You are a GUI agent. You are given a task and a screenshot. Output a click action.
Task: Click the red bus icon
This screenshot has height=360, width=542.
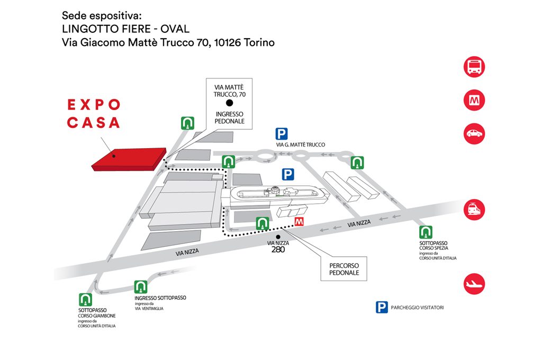tap(474, 67)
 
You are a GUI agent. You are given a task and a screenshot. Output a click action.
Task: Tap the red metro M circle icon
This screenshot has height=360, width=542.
tap(474, 100)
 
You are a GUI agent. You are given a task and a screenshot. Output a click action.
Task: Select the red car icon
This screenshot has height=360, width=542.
tap(474, 133)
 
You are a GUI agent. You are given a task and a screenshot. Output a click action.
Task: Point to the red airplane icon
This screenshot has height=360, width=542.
tap(474, 284)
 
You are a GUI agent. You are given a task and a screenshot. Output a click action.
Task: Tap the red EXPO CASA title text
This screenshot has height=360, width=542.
tap(94, 114)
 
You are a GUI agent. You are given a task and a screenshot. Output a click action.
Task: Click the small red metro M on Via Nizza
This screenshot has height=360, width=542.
tap(299, 222)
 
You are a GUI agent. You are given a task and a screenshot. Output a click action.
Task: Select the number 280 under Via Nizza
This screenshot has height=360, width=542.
tap(278, 249)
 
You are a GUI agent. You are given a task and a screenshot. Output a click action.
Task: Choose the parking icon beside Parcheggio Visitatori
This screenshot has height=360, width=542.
tap(382, 307)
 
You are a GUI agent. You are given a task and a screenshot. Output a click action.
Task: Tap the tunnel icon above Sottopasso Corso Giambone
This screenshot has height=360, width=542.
tap(85, 299)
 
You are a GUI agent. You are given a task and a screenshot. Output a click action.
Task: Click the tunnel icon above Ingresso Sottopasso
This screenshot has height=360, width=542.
tap(140, 286)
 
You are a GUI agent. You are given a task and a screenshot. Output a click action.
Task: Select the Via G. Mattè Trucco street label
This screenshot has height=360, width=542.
tap(300, 145)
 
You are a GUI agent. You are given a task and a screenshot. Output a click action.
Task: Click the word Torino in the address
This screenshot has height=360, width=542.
tap(258, 42)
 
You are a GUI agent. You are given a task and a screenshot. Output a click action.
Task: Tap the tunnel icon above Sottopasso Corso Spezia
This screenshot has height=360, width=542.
tap(426, 232)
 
